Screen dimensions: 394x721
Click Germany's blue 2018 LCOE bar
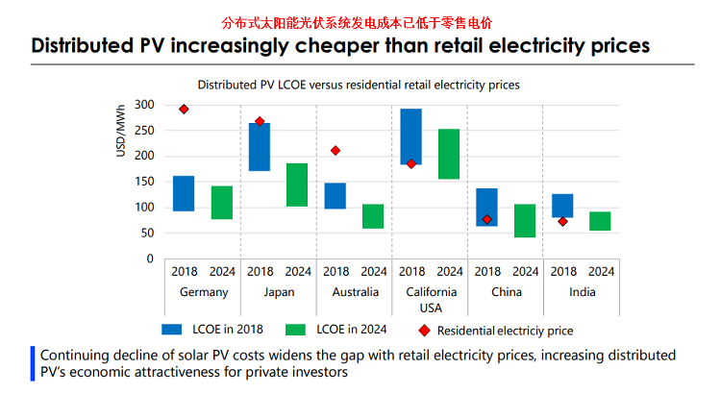[184, 193]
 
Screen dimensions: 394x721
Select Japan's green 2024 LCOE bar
[297, 185]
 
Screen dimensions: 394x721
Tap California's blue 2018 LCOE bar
[410, 136]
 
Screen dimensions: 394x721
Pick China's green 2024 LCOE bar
[524, 220]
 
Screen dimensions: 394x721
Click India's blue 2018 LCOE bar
[562, 206]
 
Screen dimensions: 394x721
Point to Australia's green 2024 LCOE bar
[373, 216]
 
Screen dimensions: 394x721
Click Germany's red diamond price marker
[184, 110]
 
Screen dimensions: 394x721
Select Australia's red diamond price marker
[336, 151]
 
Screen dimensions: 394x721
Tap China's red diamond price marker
[487, 219]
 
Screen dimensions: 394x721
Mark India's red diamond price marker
[562, 222]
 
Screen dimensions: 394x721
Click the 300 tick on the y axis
[144, 104]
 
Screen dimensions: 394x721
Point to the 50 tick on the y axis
[147, 233]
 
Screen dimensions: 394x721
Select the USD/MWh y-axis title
[121, 135]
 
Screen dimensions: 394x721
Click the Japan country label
[279, 292]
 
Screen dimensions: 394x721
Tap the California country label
[430, 292]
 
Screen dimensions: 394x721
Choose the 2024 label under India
[600, 271]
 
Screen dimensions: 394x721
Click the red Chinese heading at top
[360, 21]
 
